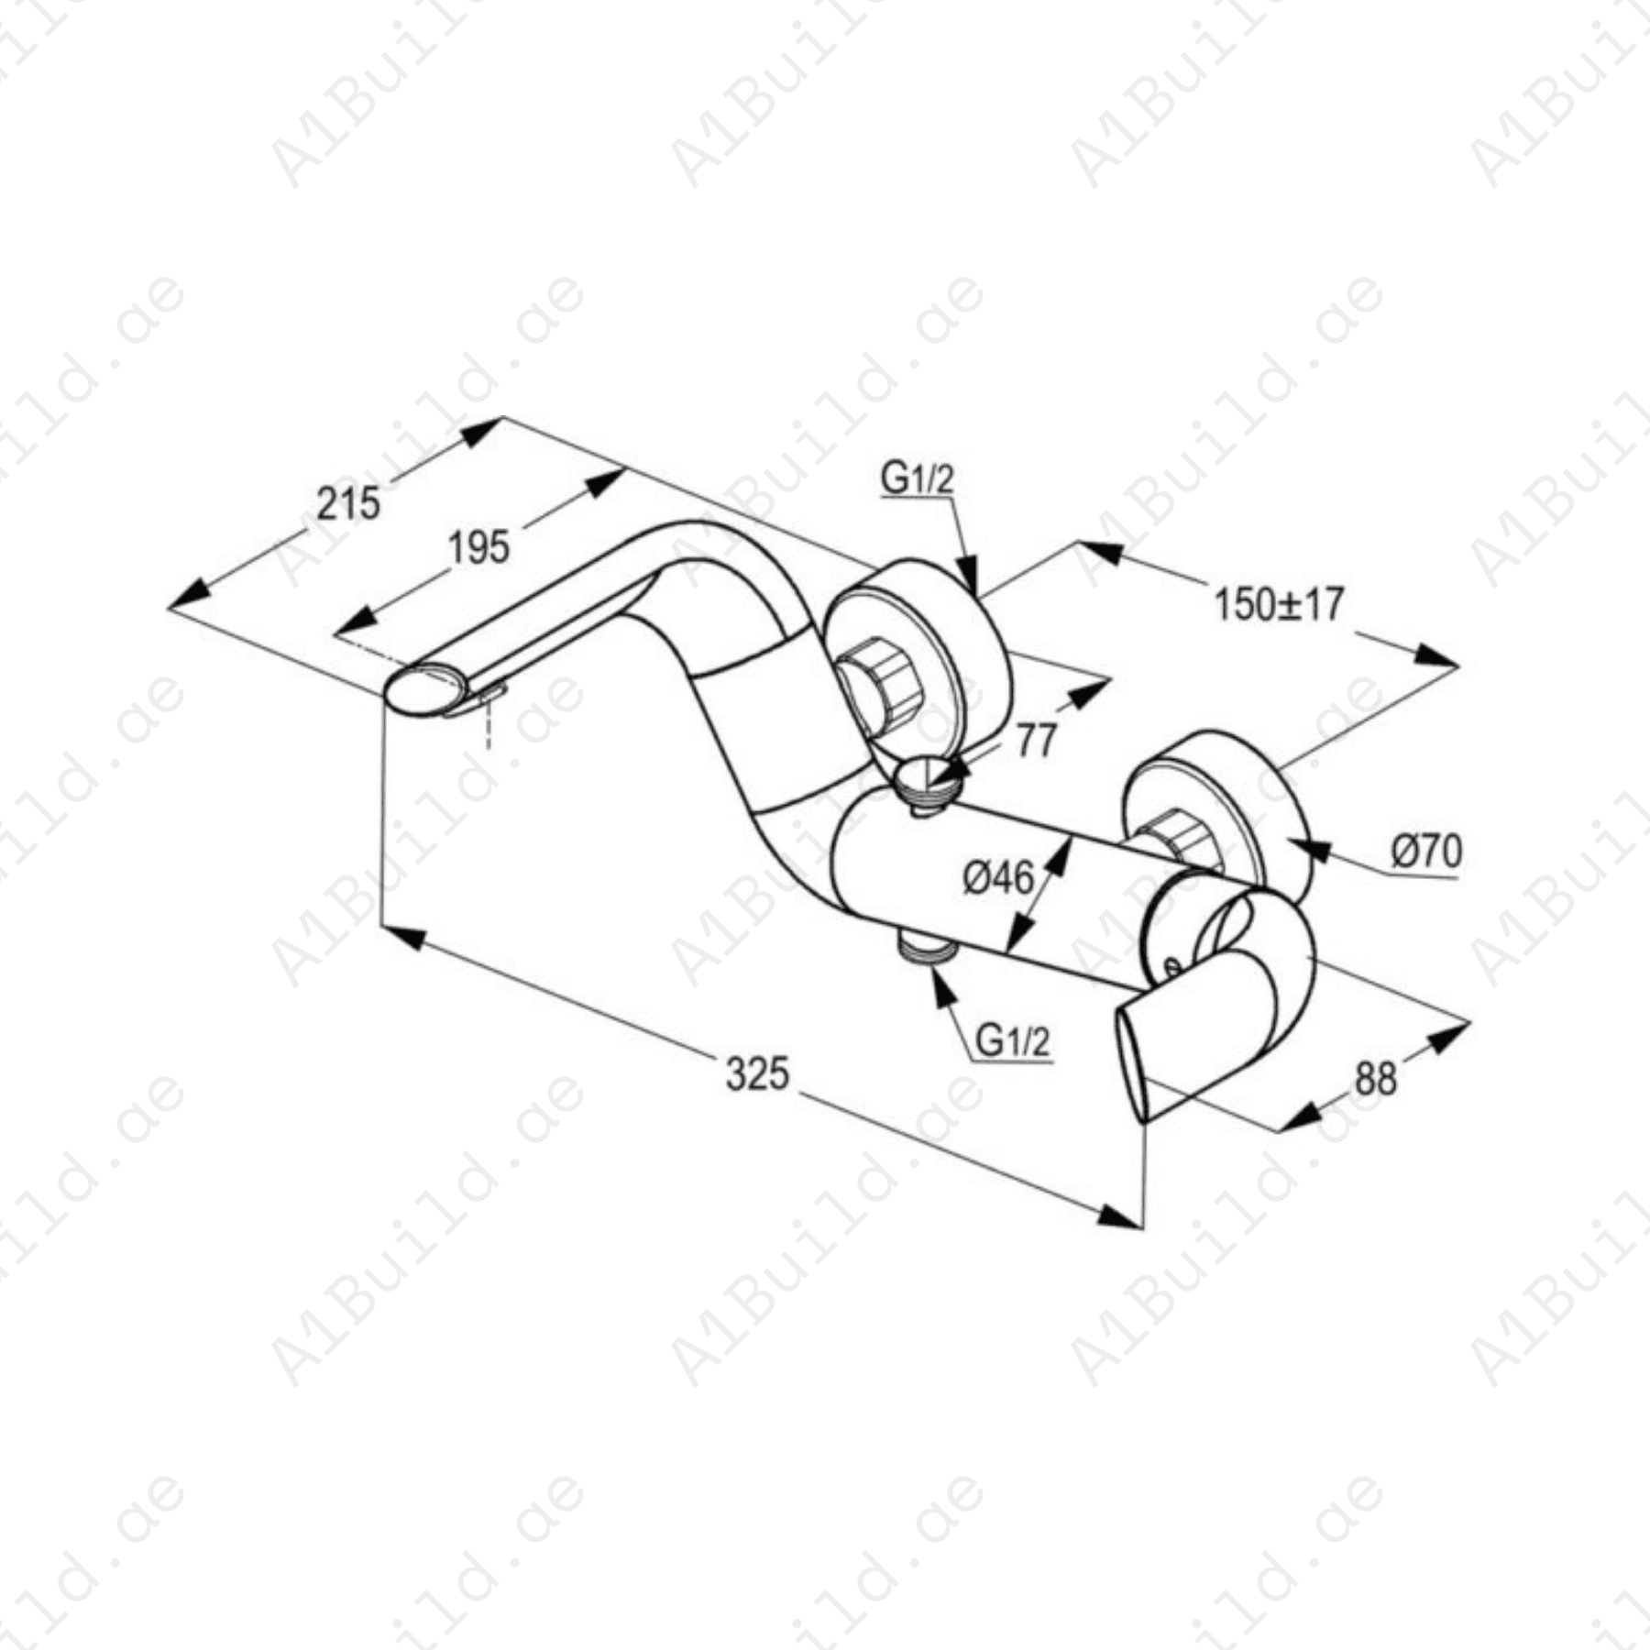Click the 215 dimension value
click(x=348, y=503)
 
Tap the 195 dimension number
click(x=478, y=547)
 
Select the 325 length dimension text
click(x=757, y=1073)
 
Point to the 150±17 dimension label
click(x=1279, y=604)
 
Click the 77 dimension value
click(x=1036, y=741)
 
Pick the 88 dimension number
click(x=1375, y=1079)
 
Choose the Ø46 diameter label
click(x=998, y=878)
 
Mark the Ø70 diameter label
click(x=1426, y=852)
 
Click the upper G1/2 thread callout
click(x=917, y=478)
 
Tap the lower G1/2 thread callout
click(x=1012, y=1041)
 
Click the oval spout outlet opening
click(x=423, y=687)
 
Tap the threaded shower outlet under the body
click(x=924, y=945)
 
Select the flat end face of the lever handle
click(x=1131, y=1063)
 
